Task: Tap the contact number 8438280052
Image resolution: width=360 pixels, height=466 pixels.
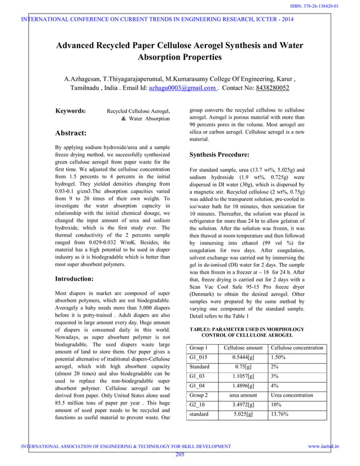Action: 265,89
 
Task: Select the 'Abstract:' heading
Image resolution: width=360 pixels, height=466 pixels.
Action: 71,133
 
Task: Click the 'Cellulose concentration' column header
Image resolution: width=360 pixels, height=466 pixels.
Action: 297,348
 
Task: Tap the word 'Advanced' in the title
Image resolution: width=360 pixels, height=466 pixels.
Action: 82,45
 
